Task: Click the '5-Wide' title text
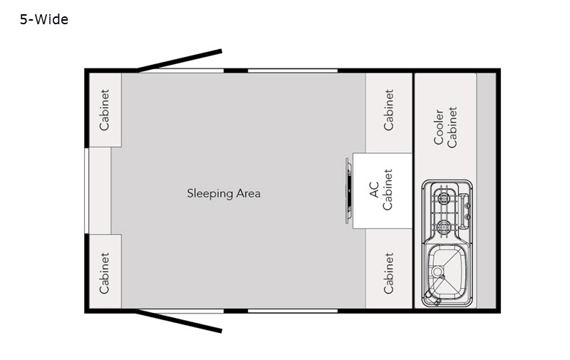pos(44,19)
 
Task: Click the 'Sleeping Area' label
pos(224,193)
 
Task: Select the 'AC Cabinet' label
pos(381,190)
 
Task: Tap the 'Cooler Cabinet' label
pos(446,128)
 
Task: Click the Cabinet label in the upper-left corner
pos(104,110)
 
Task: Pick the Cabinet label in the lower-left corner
pos(104,273)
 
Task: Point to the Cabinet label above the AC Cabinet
pos(388,110)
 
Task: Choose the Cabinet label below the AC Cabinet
pos(388,273)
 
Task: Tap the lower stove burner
pos(443,227)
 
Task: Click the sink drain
pos(437,272)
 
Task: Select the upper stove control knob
pos(468,206)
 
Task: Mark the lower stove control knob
pos(468,217)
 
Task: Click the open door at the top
pos(179,61)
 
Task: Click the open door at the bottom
pos(179,321)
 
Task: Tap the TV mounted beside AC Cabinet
pos(348,191)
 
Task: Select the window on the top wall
pos(293,71)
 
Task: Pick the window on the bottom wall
pos(293,311)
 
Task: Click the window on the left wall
pos(86,191)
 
